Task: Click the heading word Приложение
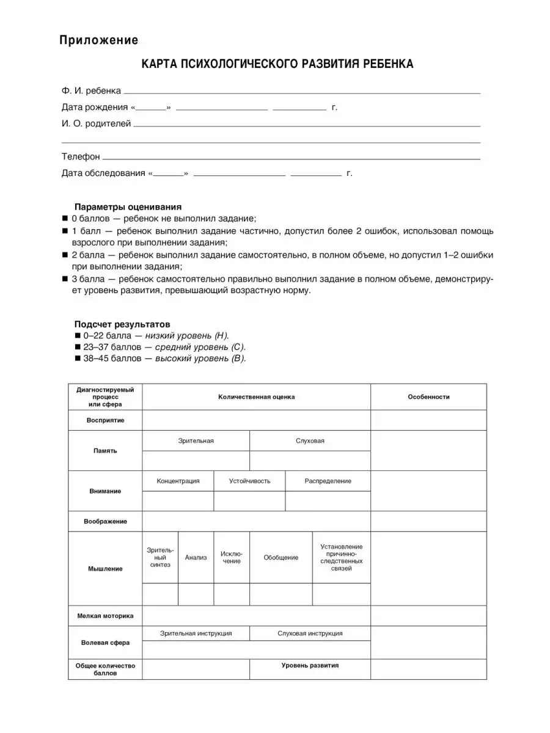tap(98, 41)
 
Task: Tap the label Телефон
tap(81, 157)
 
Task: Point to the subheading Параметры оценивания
tap(128, 206)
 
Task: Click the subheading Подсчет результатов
tap(122, 324)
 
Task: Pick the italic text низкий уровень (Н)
tap(191, 335)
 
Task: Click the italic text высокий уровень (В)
tap(200, 359)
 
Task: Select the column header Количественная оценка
tap(256, 397)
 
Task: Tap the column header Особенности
tap(428, 397)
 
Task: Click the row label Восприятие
tap(105, 420)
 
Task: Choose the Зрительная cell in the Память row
tap(196, 440)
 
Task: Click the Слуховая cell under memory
tap(310, 440)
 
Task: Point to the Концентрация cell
tap(178, 481)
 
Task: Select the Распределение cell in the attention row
tap(328, 481)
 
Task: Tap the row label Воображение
tap(105, 522)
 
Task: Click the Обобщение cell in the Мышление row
tap(281, 558)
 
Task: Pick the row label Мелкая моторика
tap(105, 616)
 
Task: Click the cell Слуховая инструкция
tap(310, 633)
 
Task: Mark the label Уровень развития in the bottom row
tap(310, 665)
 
